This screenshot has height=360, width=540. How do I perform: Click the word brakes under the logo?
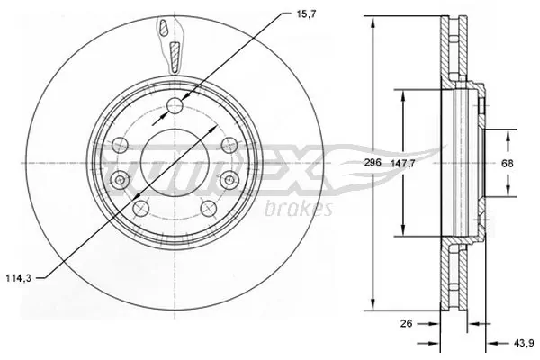pyautogui.click(x=301, y=210)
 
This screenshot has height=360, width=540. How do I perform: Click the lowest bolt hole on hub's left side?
pyautogui.click(x=139, y=209)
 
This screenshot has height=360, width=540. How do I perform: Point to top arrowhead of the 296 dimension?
pyautogui.click(x=373, y=20)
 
